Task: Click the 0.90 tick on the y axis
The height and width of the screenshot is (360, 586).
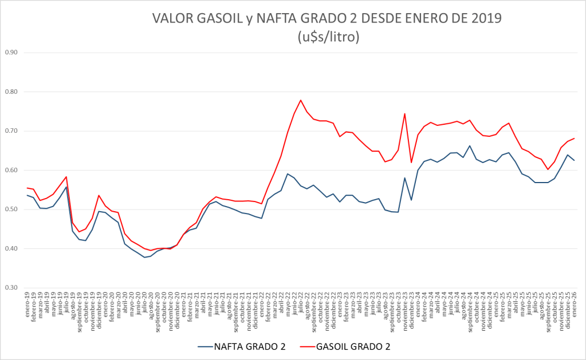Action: tap(11, 53)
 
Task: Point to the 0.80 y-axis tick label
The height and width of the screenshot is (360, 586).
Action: tap(11, 92)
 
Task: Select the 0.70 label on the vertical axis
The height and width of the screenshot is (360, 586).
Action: tap(11, 131)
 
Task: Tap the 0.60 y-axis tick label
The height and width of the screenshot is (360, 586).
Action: tap(11, 171)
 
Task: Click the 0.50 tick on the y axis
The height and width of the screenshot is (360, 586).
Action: tap(11, 209)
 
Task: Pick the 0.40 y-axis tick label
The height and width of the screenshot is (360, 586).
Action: tap(11, 249)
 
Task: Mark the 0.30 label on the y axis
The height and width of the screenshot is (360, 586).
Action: tap(11, 288)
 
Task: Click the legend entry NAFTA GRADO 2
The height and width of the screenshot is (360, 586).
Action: tap(248, 346)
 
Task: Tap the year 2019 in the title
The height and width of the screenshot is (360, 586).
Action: tap(486, 18)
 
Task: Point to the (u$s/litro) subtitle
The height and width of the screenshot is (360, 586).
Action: tap(328, 37)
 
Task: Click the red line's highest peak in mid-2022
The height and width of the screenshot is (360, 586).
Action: tap(301, 100)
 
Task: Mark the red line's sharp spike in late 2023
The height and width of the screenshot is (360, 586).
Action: tap(405, 113)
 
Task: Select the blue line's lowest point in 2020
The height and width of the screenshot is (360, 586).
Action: tap(144, 258)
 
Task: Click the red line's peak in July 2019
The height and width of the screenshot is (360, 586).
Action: tap(66, 177)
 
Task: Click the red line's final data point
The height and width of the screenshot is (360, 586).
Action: tap(574, 139)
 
